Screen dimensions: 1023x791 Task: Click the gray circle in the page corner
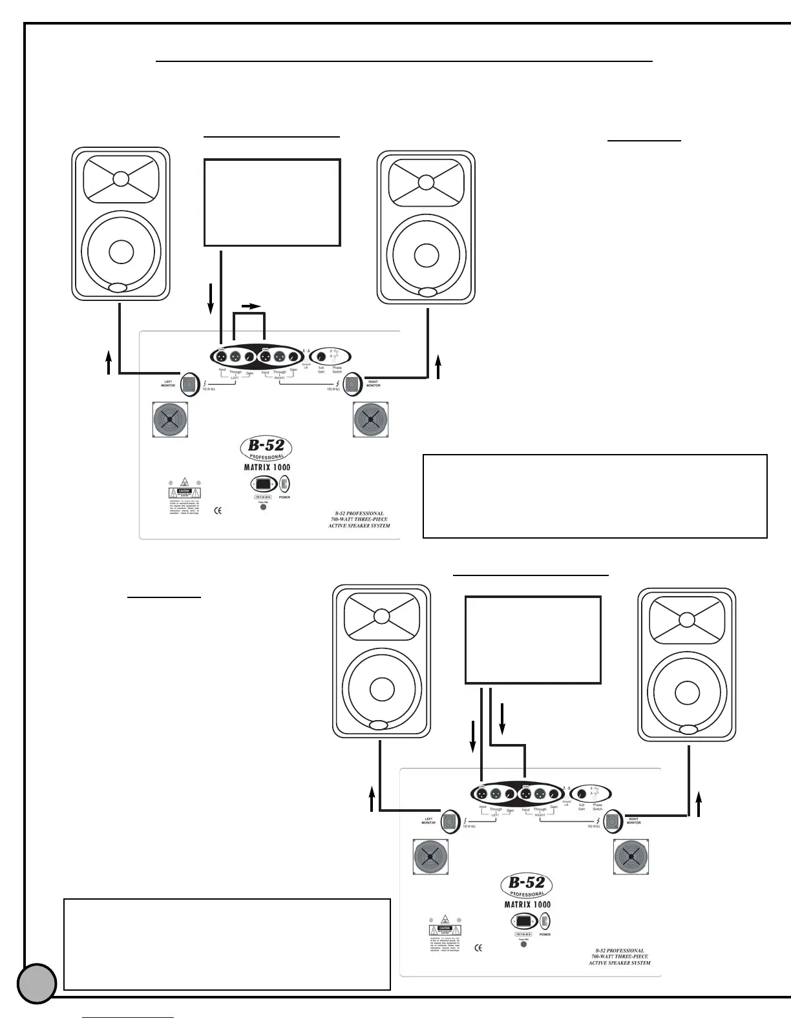tap(37, 984)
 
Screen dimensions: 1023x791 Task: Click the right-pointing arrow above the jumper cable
tap(253, 306)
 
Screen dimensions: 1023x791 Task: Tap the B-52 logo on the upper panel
tap(266, 446)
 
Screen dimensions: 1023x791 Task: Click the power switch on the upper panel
tap(284, 484)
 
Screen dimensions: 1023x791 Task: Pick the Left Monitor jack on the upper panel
tap(189, 386)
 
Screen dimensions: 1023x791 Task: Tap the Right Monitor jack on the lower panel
tap(613, 822)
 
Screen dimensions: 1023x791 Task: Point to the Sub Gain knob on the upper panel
tap(321, 357)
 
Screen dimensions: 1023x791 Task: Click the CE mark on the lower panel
tap(478, 948)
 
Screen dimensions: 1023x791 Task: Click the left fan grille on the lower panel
tap(430, 857)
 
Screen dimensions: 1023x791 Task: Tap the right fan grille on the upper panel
tap(370, 420)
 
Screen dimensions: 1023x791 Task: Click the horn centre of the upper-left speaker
tap(121, 178)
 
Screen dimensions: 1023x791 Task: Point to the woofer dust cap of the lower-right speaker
tap(687, 692)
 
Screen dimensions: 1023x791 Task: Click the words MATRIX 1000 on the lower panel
tap(527, 905)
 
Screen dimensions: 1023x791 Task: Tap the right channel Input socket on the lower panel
tap(526, 794)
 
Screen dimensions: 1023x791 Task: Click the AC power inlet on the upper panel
tap(264, 484)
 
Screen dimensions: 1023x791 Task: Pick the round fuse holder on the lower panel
tap(523, 944)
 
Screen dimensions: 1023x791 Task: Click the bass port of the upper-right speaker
tap(427, 293)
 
